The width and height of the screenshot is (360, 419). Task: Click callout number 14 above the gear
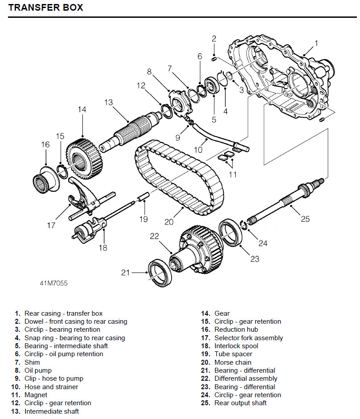coord(82,110)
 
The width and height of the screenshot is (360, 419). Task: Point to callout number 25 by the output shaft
coord(305,219)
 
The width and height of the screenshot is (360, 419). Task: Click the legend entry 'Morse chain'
coord(233,362)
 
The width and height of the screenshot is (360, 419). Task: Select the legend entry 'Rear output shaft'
coord(240,403)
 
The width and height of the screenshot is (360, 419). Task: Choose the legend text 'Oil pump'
coord(38,370)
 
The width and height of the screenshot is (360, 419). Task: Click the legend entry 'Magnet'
coord(36,395)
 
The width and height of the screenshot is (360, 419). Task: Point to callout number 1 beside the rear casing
coord(316,43)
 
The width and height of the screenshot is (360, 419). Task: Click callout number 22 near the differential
coord(154,236)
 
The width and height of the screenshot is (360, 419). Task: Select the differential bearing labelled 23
coord(232,232)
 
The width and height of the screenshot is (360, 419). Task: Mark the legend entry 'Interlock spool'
coord(236,346)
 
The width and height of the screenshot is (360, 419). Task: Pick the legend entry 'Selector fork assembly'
coord(249,338)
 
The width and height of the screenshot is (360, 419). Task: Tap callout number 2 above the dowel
coord(214,39)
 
